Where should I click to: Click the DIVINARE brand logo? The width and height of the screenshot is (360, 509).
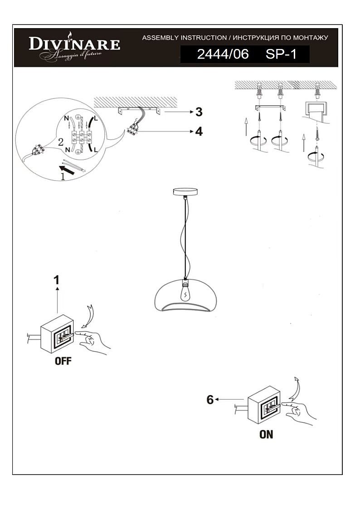click(74, 47)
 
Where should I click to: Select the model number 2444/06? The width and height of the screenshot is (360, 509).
click(223, 54)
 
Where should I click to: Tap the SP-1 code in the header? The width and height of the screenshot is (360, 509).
click(281, 54)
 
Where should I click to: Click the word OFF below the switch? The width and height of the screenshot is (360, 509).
click(63, 361)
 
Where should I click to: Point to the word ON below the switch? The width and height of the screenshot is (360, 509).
click(266, 434)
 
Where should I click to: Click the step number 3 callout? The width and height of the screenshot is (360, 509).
click(199, 112)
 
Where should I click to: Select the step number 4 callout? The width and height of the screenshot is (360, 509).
click(199, 132)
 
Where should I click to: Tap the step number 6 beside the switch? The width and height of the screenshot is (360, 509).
click(210, 400)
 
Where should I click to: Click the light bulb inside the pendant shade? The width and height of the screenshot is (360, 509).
click(185, 293)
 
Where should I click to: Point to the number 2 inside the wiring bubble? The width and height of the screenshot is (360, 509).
click(61, 142)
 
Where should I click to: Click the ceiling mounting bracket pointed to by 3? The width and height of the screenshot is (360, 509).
click(139, 111)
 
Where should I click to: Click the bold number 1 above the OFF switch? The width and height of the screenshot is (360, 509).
click(57, 280)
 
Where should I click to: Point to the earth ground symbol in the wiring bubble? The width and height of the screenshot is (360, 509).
click(78, 118)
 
